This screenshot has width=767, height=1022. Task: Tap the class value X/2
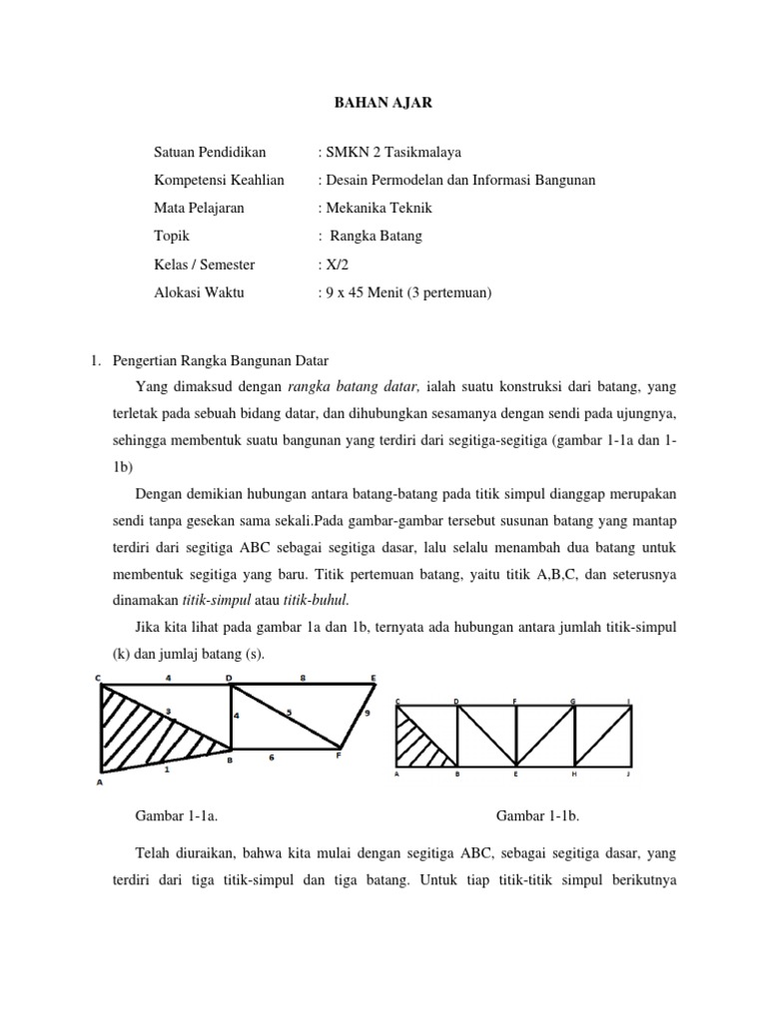pyautogui.click(x=335, y=264)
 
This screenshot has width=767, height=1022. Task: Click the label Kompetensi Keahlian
pyautogui.click(x=219, y=180)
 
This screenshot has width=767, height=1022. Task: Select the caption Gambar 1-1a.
pyautogui.click(x=176, y=815)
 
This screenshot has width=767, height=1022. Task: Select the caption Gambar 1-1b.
pyautogui.click(x=538, y=815)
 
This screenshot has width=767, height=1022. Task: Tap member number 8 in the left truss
pyautogui.click(x=303, y=678)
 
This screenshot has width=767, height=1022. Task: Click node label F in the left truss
pyautogui.click(x=338, y=757)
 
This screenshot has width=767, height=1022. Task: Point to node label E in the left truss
pyautogui.click(x=374, y=678)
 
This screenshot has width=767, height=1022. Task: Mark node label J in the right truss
pyautogui.click(x=629, y=773)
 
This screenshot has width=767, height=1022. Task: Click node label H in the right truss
pyautogui.click(x=573, y=773)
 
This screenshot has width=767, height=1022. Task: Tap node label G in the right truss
pyautogui.click(x=573, y=702)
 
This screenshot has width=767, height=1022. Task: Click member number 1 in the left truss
pyautogui.click(x=166, y=769)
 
